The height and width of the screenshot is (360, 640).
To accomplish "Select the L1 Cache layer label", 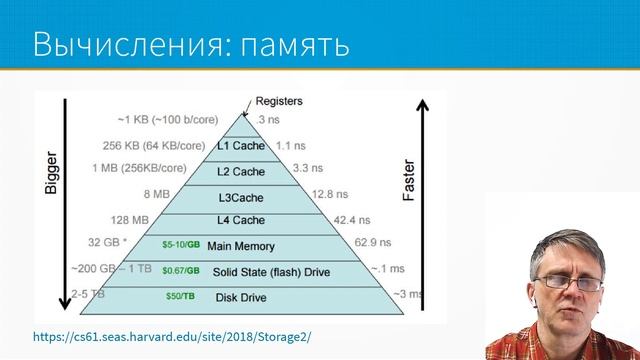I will click(x=240, y=147).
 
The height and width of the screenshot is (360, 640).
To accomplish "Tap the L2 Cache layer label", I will click(x=240, y=172).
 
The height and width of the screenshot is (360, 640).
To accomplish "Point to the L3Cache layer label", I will click(x=240, y=196).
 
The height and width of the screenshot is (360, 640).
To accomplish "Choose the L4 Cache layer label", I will click(x=240, y=220).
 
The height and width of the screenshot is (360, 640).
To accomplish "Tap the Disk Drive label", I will click(x=242, y=296).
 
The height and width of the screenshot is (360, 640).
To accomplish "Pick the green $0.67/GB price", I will click(x=180, y=271).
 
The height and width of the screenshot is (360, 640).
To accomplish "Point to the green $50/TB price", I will click(x=180, y=296).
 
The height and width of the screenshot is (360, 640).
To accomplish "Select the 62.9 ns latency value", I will click(x=375, y=242).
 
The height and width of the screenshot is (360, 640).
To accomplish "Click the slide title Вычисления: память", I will click(x=190, y=45).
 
